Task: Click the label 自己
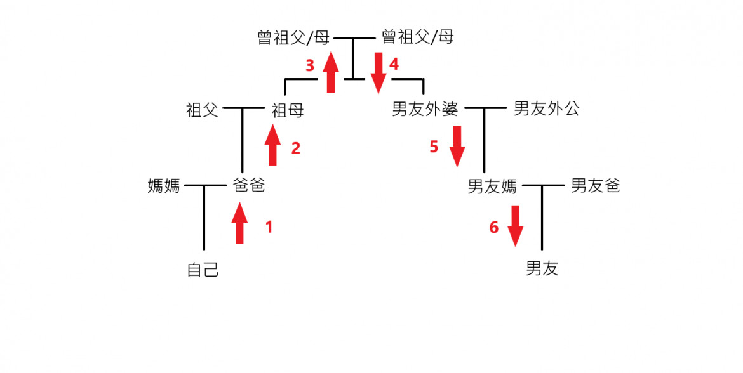203,270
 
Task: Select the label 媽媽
164,186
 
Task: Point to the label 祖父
202,110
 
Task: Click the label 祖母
287,111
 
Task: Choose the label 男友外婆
425,110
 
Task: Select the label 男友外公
546,109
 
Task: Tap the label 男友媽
492,187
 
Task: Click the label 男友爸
595,186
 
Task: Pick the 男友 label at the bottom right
542,269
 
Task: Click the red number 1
269,226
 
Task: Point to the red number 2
295,148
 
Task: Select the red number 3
310,65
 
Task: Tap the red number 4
394,64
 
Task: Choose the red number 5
434,147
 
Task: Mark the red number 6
493,227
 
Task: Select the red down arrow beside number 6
515,225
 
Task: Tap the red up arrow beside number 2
273,145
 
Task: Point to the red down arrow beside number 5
457,146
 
